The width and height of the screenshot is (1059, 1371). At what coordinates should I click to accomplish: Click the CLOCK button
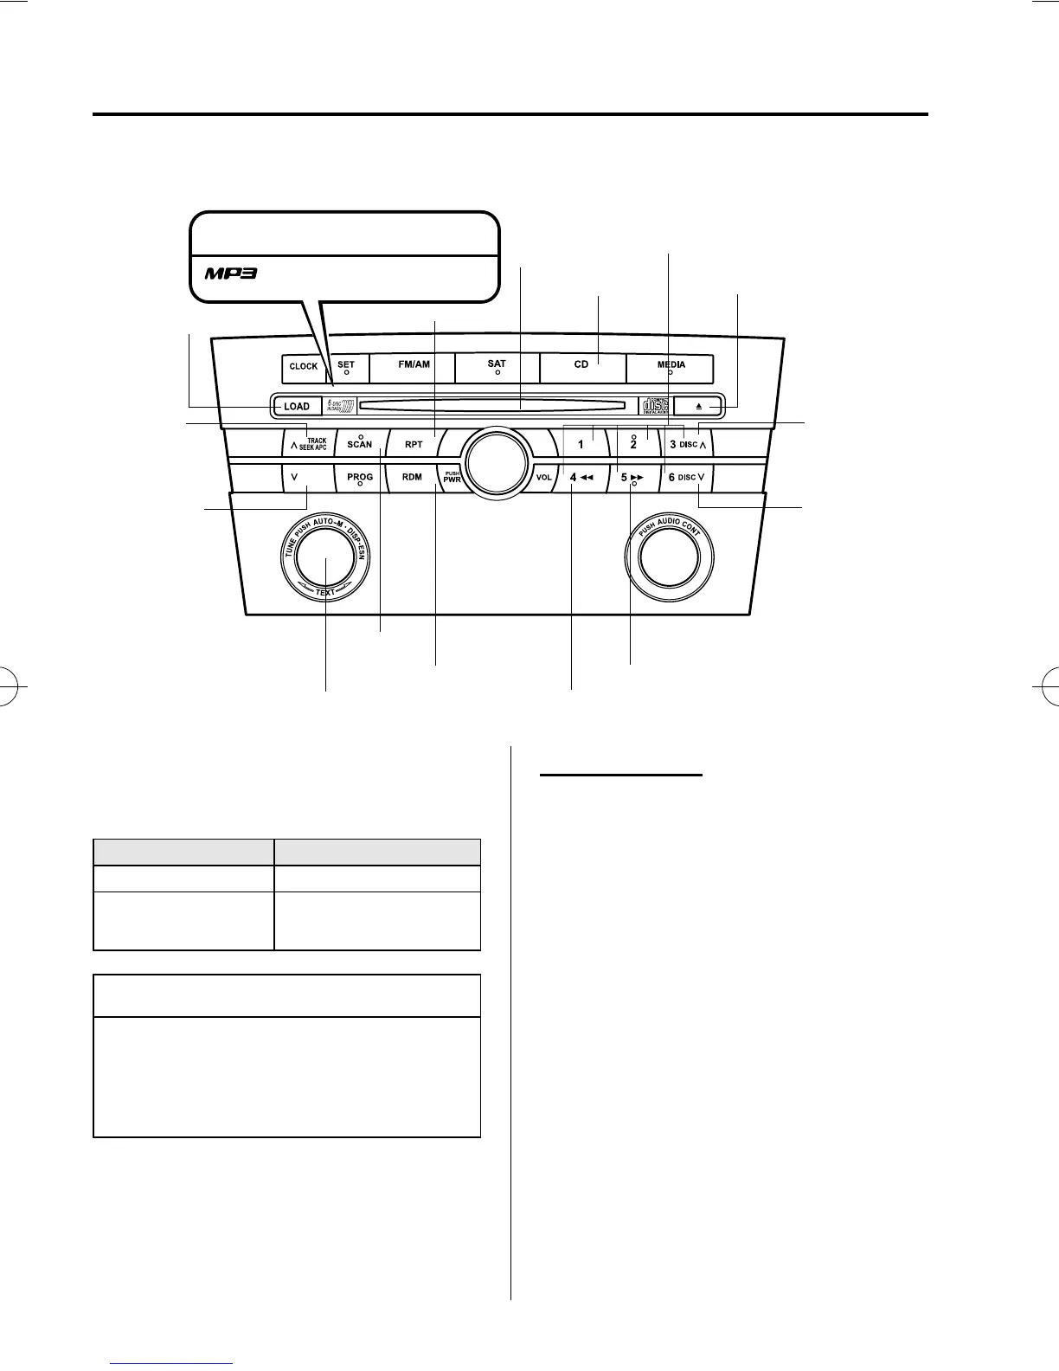pos(304,367)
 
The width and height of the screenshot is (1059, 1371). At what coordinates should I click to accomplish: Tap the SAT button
pos(497,367)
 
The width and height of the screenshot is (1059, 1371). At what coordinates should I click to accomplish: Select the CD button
pos(581,367)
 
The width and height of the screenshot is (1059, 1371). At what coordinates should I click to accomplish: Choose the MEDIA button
pos(671,367)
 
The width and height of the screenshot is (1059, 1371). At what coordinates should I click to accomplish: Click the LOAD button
pos(297,406)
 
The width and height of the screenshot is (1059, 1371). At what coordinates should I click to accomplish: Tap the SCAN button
pos(360,445)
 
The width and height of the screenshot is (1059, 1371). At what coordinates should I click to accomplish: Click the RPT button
pos(414,445)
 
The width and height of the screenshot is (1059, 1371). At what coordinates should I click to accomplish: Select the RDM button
pos(413,477)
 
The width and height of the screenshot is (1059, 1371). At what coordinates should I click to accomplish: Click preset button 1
pos(581,445)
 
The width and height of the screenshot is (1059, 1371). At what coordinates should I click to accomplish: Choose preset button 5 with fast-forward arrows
pos(633,477)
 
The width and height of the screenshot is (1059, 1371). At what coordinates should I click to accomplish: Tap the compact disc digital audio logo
pos(654,406)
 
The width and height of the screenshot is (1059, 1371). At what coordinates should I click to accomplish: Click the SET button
pos(345,367)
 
